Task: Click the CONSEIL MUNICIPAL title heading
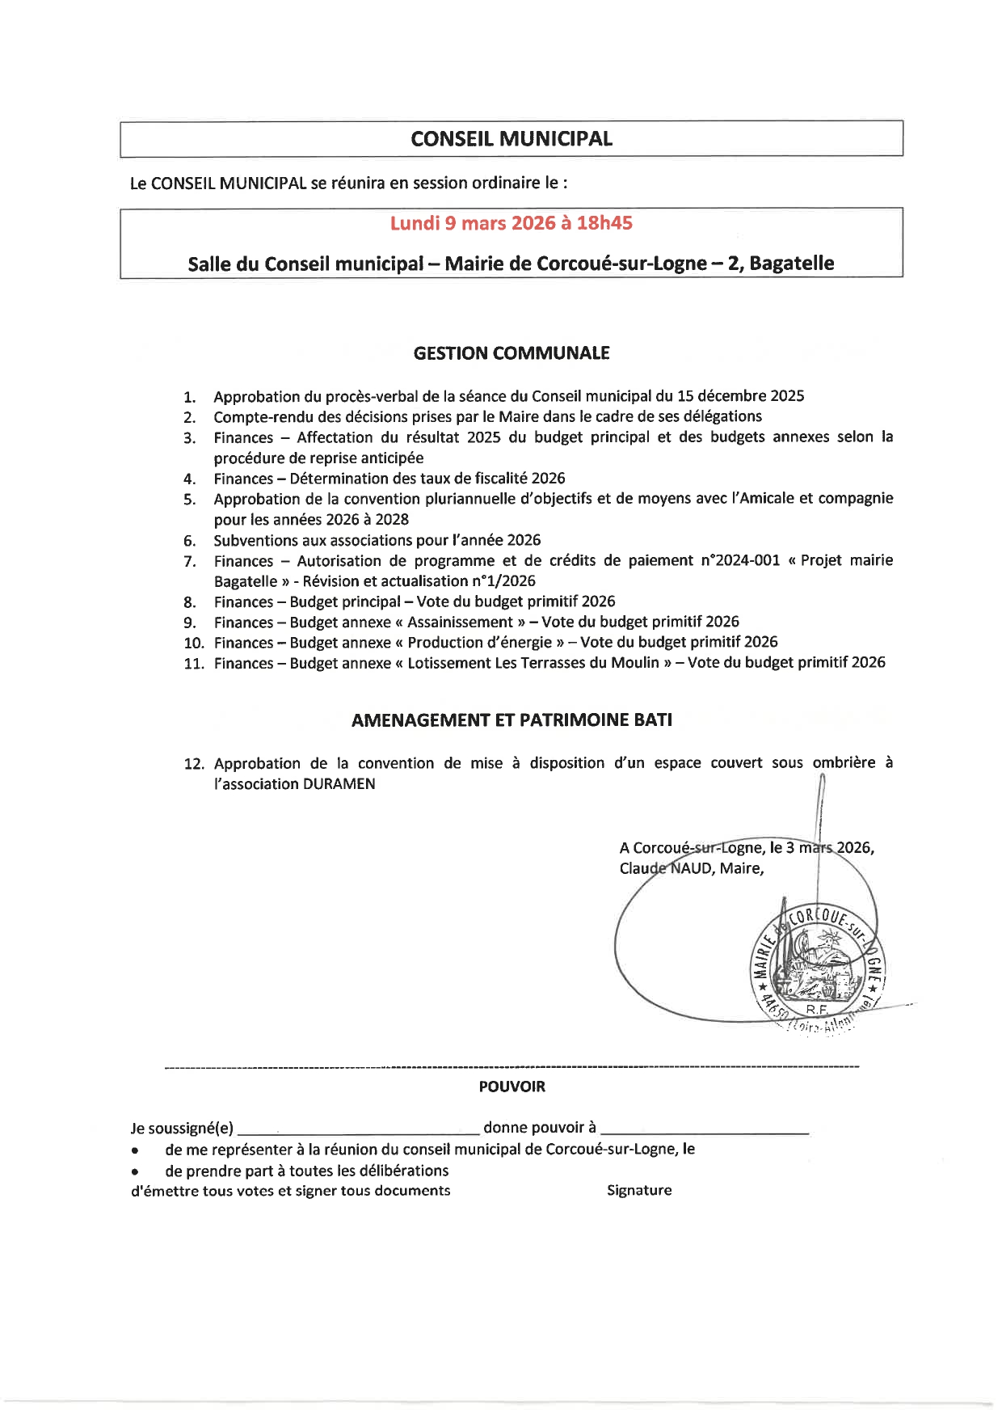pos(512,139)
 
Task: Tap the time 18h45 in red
pos(604,223)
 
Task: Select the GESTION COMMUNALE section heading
pos(512,353)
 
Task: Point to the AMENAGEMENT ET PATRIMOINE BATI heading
pos(512,720)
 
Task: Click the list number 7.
pos(189,562)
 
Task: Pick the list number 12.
pos(194,764)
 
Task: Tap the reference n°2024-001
pos(734,560)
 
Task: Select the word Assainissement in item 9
pos(460,622)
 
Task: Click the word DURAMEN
pos(339,784)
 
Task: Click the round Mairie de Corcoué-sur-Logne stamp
pos(818,962)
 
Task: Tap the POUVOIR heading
pos(512,1087)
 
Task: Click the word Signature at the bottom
pos(639,1190)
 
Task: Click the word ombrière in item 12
pos(844,762)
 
